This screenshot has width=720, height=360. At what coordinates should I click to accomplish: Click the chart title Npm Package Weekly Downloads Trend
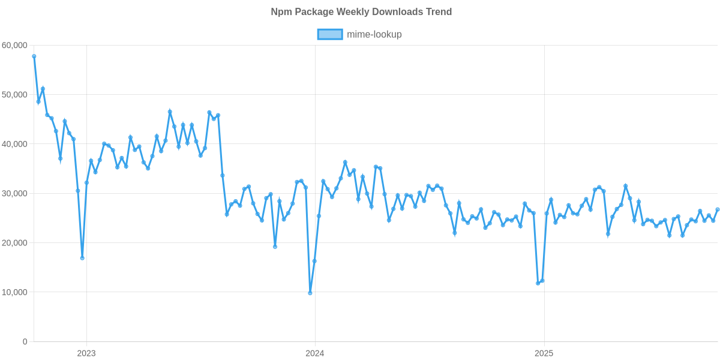click(x=361, y=12)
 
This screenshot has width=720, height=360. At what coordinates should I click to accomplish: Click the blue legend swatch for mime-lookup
click(x=329, y=34)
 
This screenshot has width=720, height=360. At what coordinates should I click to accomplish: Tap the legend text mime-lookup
click(x=374, y=34)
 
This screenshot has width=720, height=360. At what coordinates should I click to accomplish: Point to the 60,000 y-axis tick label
click(x=15, y=45)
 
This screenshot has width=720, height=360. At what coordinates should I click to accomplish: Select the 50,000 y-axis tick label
click(x=15, y=95)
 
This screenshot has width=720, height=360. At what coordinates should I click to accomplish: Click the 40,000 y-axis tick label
click(x=15, y=144)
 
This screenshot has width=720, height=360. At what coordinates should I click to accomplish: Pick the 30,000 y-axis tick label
click(x=15, y=193)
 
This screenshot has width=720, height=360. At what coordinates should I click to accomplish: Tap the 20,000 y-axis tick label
click(x=15, y=243)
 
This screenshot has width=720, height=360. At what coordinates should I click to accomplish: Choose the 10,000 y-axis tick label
click(x=15, y=292)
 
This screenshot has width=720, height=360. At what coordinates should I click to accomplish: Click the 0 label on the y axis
click(x=25, y=341)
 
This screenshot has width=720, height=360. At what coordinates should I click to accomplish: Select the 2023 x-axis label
click(x=86, y=353)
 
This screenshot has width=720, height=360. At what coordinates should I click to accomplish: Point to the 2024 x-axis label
click(x=315, y=353)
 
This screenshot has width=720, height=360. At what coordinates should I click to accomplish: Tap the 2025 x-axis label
click(x=544, y=353)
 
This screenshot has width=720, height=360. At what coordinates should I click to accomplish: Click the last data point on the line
click(x=718, y=209)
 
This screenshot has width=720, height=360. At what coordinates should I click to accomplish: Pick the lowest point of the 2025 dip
click(x=538, y=283)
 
